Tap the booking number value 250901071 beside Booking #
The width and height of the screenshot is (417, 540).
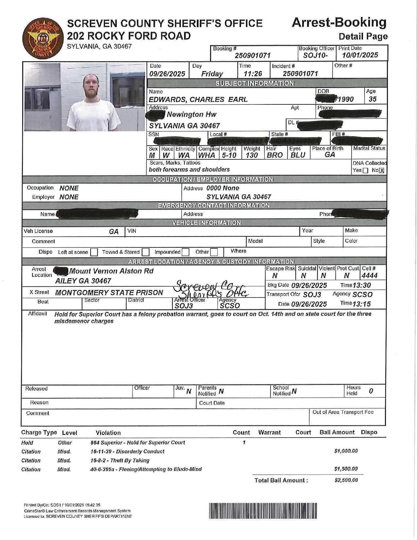[252, 56]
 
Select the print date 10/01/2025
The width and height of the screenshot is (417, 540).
[360, 55]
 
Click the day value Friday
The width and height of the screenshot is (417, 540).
[212, 74]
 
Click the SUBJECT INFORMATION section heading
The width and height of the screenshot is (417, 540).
[254, 83]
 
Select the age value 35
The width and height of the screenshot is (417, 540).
[373, 99]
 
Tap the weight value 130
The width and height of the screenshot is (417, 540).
[252, 155]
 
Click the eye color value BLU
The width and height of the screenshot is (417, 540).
[298, 155]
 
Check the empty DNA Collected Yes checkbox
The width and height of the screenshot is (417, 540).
[365, 170]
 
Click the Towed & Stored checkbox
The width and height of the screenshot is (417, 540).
[146, 252]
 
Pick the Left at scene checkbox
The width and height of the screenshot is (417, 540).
[94, 252]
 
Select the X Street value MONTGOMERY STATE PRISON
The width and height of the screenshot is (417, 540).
[109, 293]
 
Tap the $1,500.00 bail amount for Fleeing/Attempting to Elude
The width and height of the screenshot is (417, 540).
[346, 469]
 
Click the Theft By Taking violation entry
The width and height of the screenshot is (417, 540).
[120, 460]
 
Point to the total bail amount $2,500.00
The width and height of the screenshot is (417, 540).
[346, 480]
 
